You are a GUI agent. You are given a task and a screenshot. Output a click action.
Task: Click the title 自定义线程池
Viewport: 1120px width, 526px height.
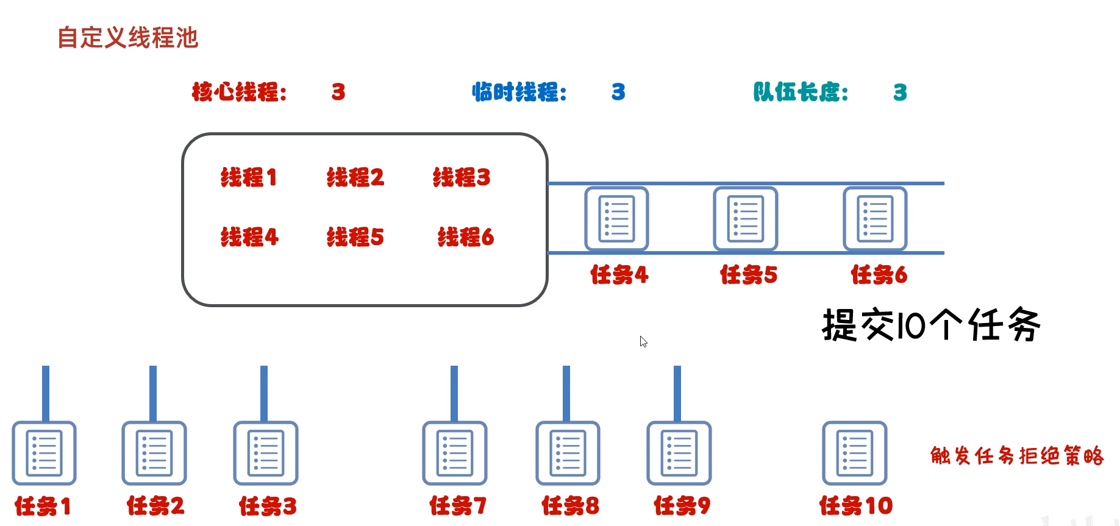(x=127, y=38)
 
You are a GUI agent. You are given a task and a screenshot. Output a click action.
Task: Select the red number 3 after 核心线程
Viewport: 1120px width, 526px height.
(x=338, y=92)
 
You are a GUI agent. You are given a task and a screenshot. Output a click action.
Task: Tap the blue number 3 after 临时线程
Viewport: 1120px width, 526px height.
(x=618, y=92)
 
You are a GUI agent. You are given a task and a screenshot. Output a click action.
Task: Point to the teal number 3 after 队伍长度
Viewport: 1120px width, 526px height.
(x=900, y=93)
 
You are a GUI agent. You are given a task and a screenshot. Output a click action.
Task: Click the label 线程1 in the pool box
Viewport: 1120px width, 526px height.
(x=249, y=177)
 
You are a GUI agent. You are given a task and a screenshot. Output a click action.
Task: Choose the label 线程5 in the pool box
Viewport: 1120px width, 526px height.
(x=355, y=237)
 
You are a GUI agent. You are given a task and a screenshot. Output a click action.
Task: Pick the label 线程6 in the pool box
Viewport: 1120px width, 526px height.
(x=465, y=237)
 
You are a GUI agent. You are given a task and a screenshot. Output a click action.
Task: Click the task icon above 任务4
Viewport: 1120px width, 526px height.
(x=616, y=219)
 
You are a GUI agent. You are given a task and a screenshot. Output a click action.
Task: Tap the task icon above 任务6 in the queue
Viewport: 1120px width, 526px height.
(x=875, y=219)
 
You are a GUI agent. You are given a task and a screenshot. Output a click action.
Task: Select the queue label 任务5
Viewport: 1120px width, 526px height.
(x=749, y=275)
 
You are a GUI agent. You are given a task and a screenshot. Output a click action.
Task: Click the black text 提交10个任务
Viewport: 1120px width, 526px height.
(x=931, y=325)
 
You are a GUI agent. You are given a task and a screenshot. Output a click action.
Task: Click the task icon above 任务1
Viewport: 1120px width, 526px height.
(x=44, y=453)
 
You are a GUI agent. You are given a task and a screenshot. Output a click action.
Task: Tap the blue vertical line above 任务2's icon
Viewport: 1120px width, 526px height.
(x=153, y=393)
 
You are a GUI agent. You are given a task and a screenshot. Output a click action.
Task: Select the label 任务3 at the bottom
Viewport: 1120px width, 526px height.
(x=268, y=506)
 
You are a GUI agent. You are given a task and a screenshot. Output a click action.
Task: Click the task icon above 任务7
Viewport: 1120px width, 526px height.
(x=455, y=453)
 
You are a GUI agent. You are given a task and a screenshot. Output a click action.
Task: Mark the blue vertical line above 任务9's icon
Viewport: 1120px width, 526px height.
(x=677, y=393)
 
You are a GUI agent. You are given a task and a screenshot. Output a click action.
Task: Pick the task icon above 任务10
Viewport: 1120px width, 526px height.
(x=854, y=453)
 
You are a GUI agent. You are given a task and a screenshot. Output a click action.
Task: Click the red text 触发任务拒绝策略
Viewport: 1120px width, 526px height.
(x=1017, y=456)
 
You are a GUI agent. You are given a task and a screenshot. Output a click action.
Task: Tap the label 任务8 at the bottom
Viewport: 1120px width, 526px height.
(x=570, y=506)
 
